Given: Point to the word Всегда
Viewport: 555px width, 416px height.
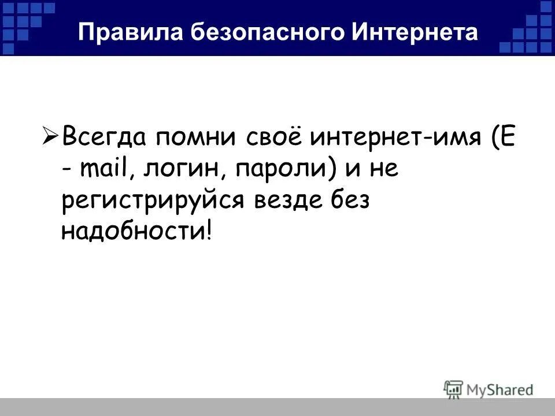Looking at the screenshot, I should (x=104, y=139).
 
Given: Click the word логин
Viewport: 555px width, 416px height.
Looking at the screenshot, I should (x=180, y=170).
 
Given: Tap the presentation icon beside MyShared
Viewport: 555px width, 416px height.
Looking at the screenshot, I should (x=453, y=389).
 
